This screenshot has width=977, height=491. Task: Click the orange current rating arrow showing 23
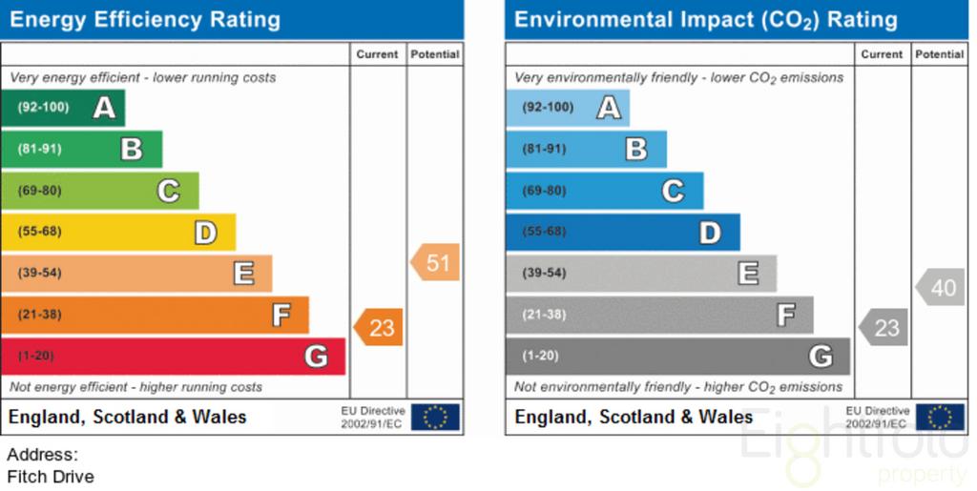click(x=378, y=327)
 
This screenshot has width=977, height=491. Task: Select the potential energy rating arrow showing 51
click(x=435, y=262)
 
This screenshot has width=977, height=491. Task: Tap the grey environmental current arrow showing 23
click(x=883, y=327)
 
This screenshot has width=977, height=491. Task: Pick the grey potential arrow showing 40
click(x=940, y=287)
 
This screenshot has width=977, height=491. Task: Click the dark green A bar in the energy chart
click(x=63, y=108)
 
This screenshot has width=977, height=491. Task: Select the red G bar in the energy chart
click(x=174, y=356)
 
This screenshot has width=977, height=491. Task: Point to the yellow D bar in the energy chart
click(x=118, y=232)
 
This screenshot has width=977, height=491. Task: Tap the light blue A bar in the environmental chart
click(x=568, y=108)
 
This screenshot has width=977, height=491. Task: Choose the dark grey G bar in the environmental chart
click(x=678, y=356)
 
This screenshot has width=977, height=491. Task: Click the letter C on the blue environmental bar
click(x=673, y=191)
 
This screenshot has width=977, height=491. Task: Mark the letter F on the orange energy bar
click(x=281, y=315)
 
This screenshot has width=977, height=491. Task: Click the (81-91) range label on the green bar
click(x=39, y=149)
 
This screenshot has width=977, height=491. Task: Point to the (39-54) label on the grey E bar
click(x=544, y=273)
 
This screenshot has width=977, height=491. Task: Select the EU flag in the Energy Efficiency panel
click(x=435, y=417)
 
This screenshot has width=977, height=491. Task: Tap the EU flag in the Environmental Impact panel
click(x=940, y=417)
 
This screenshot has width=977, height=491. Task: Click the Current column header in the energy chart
click(x=377, y=54)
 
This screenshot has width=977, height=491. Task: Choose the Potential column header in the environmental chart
click(x=940, y=54)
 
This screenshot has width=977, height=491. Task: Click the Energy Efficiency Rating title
click(x=145, y=20)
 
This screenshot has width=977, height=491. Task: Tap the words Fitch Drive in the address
click(x=51, y=477)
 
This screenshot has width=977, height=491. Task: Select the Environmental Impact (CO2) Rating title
click(x=706, y=20)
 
